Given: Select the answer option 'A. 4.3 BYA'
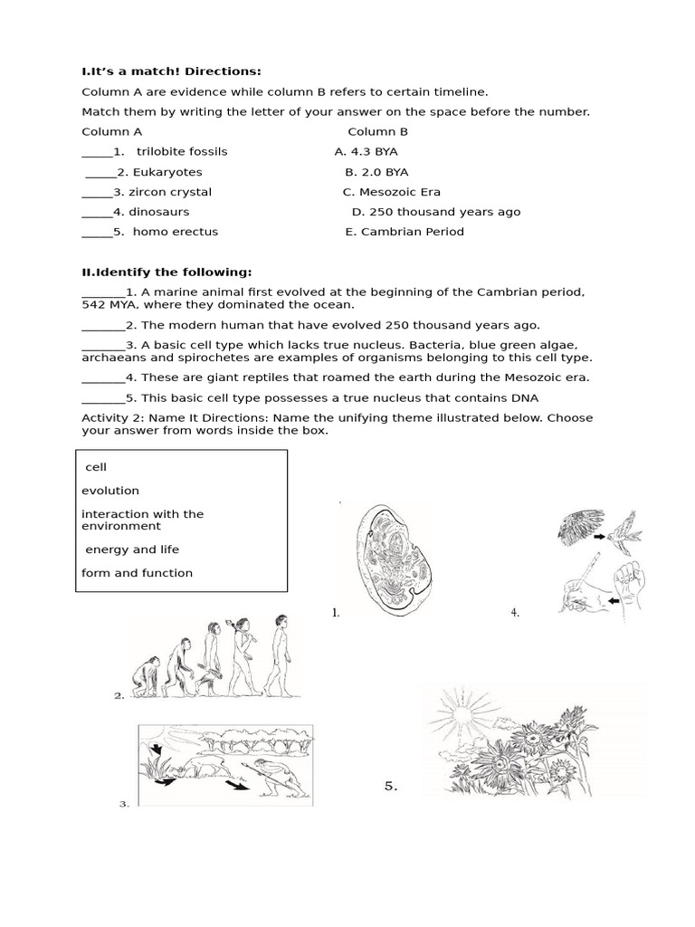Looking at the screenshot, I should pyautogui.click(x=366, y=152).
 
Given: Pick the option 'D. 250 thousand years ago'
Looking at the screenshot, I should pyautogui.click(x=436, y=212).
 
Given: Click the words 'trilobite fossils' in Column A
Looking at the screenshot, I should pyautogui.click(x=182, y=152).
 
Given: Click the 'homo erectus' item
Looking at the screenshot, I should pyautogui.click(x=176, y=232).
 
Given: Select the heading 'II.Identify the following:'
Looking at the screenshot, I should pyautogui.click(x=167, y=272).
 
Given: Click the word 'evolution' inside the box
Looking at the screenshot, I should pyautogui.click(x=110, y=491).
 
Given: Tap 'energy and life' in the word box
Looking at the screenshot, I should pyautogui.click(x=132, y=550).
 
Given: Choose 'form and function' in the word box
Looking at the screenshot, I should pyautogui.click(x=137, y=573).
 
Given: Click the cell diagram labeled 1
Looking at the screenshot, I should pyautogui.click(x=395, y=559).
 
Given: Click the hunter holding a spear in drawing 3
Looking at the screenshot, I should pyautogui.click(x=271, y=776).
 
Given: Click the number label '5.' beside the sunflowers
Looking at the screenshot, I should pyautogui.click(x=391, y=787).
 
